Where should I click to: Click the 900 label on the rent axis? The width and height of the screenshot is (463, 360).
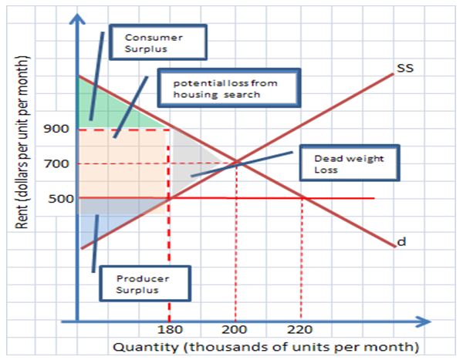click(59, 129)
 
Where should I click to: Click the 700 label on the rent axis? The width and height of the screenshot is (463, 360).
click(59, 163)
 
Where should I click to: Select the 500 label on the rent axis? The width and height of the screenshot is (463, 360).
click(59, 198)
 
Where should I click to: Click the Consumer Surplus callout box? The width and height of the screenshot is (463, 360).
click(157, 42)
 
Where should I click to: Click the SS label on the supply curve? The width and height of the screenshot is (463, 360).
click(405, 69)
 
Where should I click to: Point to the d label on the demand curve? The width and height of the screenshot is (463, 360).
click(402, 243)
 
